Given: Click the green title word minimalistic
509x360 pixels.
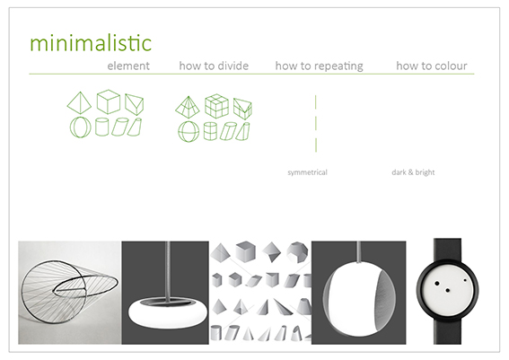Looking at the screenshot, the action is click(91, 43).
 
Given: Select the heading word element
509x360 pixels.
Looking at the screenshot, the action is click(128, 66).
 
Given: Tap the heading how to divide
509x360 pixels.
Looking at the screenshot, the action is click(214, 66).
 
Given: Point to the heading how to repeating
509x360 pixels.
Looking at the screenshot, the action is click(319, 66).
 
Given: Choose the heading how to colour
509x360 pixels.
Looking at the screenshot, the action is click(432, 66).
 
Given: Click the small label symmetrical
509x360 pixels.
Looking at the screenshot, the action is click(307, 172).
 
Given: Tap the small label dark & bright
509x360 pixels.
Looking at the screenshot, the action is click(413, 172).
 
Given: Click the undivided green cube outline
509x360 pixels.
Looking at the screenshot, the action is click(109, 101).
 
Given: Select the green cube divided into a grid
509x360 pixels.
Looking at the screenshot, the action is click(216, 106).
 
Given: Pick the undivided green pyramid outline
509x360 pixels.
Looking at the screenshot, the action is click(79, 103).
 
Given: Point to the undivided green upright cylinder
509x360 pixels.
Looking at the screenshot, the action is click(101, 127).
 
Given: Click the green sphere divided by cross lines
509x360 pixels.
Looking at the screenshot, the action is click(189, 131).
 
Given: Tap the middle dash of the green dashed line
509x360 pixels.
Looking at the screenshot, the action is click(316, 124).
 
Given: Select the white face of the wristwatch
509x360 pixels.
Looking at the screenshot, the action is click(448, 287).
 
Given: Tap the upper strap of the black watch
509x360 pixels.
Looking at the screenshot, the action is click(447, 250).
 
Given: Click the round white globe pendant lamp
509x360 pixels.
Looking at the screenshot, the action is click(360, 299).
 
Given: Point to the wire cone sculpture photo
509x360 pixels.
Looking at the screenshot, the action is click(70, 293).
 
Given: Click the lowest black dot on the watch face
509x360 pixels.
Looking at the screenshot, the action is click(448, 291).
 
